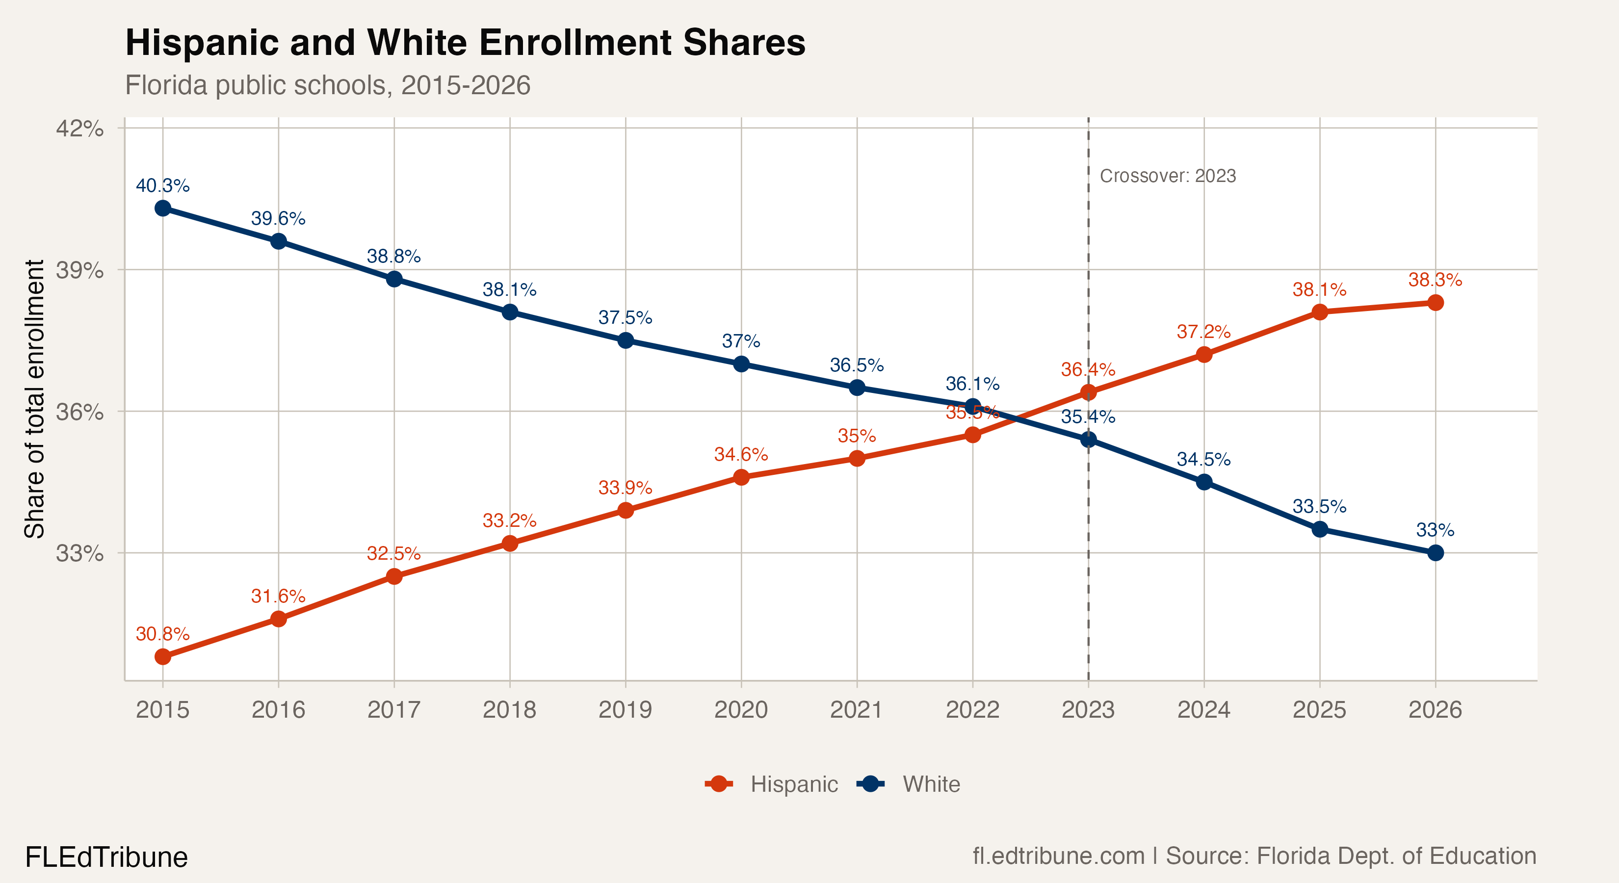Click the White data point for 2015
[163, 208]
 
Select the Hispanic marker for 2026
[1435, 303]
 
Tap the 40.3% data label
[163, 186]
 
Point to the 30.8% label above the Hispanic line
[163, 634]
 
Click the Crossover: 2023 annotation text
[1168, 176]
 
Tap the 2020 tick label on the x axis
[741, 710]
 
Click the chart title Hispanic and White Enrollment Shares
[465, 43]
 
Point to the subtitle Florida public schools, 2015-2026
[327, 85]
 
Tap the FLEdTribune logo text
[106, 857]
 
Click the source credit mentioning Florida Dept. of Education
[1254, 856]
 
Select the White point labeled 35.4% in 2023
[1088, 440]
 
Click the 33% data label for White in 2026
[1435, 530]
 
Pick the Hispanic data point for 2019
[626, 510]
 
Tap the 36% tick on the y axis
[80, 412]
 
